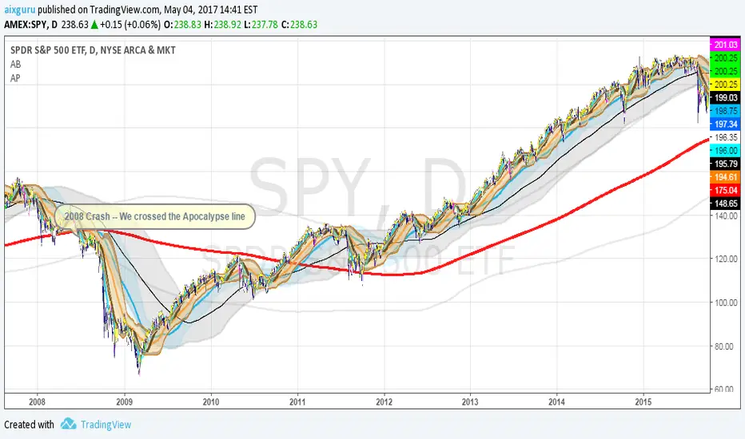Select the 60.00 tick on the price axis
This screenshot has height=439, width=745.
pos(724,389)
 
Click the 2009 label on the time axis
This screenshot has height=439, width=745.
pos(124,401)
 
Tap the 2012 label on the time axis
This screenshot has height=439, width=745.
pos(384,401)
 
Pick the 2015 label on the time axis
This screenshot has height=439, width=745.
pos(644,401)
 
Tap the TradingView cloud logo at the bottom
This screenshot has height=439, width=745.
pos(67,425)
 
